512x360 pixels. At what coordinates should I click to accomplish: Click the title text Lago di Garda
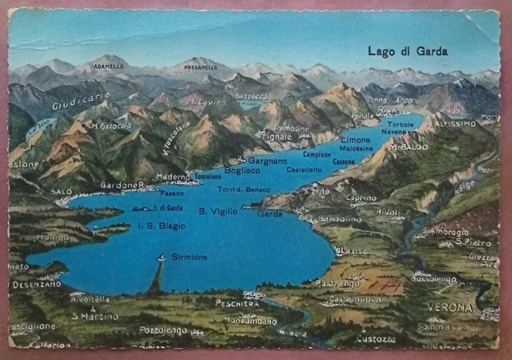click(x=407, y=51)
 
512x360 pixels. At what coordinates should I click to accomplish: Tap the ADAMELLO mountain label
click(x=108, y=68)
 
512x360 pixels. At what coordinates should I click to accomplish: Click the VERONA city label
click(x=450, y=307)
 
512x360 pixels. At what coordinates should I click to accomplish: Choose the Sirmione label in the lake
click(x=189, y=257)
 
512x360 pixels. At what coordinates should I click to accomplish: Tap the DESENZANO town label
click(x=37, y=284)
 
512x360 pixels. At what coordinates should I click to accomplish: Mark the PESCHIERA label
click(x=238, y=303)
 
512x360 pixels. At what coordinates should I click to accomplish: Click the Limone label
click(x=355, y=139)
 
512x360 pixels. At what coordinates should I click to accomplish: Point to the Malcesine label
click(x=356, y=149)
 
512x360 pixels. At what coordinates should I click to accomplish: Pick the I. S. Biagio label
click(x=162, y=226)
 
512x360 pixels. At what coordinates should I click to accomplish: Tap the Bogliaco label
click(x=242, y=170)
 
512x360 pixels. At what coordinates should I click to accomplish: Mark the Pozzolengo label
click(x=162, y=330)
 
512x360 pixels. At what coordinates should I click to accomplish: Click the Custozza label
click(x=375, y=338)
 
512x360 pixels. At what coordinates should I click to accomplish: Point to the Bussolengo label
click(x=434, y=280)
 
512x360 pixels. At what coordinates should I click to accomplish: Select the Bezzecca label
click(x=252, y=97)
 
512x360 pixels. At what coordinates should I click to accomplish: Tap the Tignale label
click(x=278, y=136)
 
